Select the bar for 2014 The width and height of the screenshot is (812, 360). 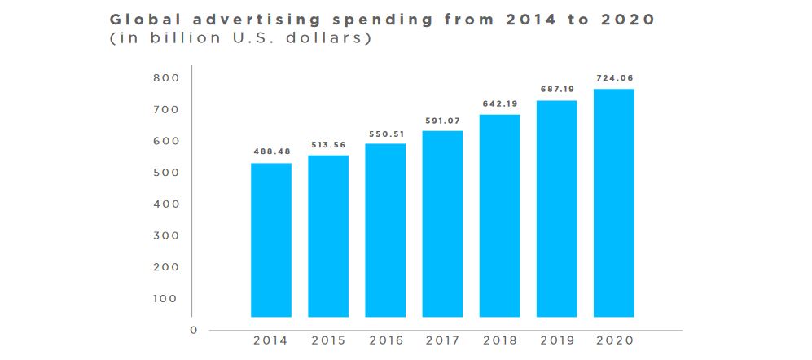[x=270, y=240]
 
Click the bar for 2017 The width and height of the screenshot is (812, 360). [x=442, y=224]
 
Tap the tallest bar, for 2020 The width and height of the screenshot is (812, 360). [x=613, y=203]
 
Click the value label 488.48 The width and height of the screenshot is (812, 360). [x=270, y=151]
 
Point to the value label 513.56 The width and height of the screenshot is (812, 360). [x=327, y=145]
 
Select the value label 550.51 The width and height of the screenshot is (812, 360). [x=385, y=133]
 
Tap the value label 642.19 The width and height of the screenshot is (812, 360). [x=499, y=104]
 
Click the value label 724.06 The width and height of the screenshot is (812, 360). [x=613, y=78]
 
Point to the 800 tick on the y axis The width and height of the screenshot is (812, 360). [x=165, y=78]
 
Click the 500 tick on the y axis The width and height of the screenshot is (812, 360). [x=165, y=173]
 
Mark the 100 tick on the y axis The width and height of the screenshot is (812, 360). [x=165, y=298]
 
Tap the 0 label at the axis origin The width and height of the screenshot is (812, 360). [x=194, y=330]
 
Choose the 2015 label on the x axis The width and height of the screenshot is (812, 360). [x=328, y=341]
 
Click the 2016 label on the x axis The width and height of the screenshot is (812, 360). [x=385, y=341]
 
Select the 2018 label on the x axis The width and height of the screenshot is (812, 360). [x=499, y=341]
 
